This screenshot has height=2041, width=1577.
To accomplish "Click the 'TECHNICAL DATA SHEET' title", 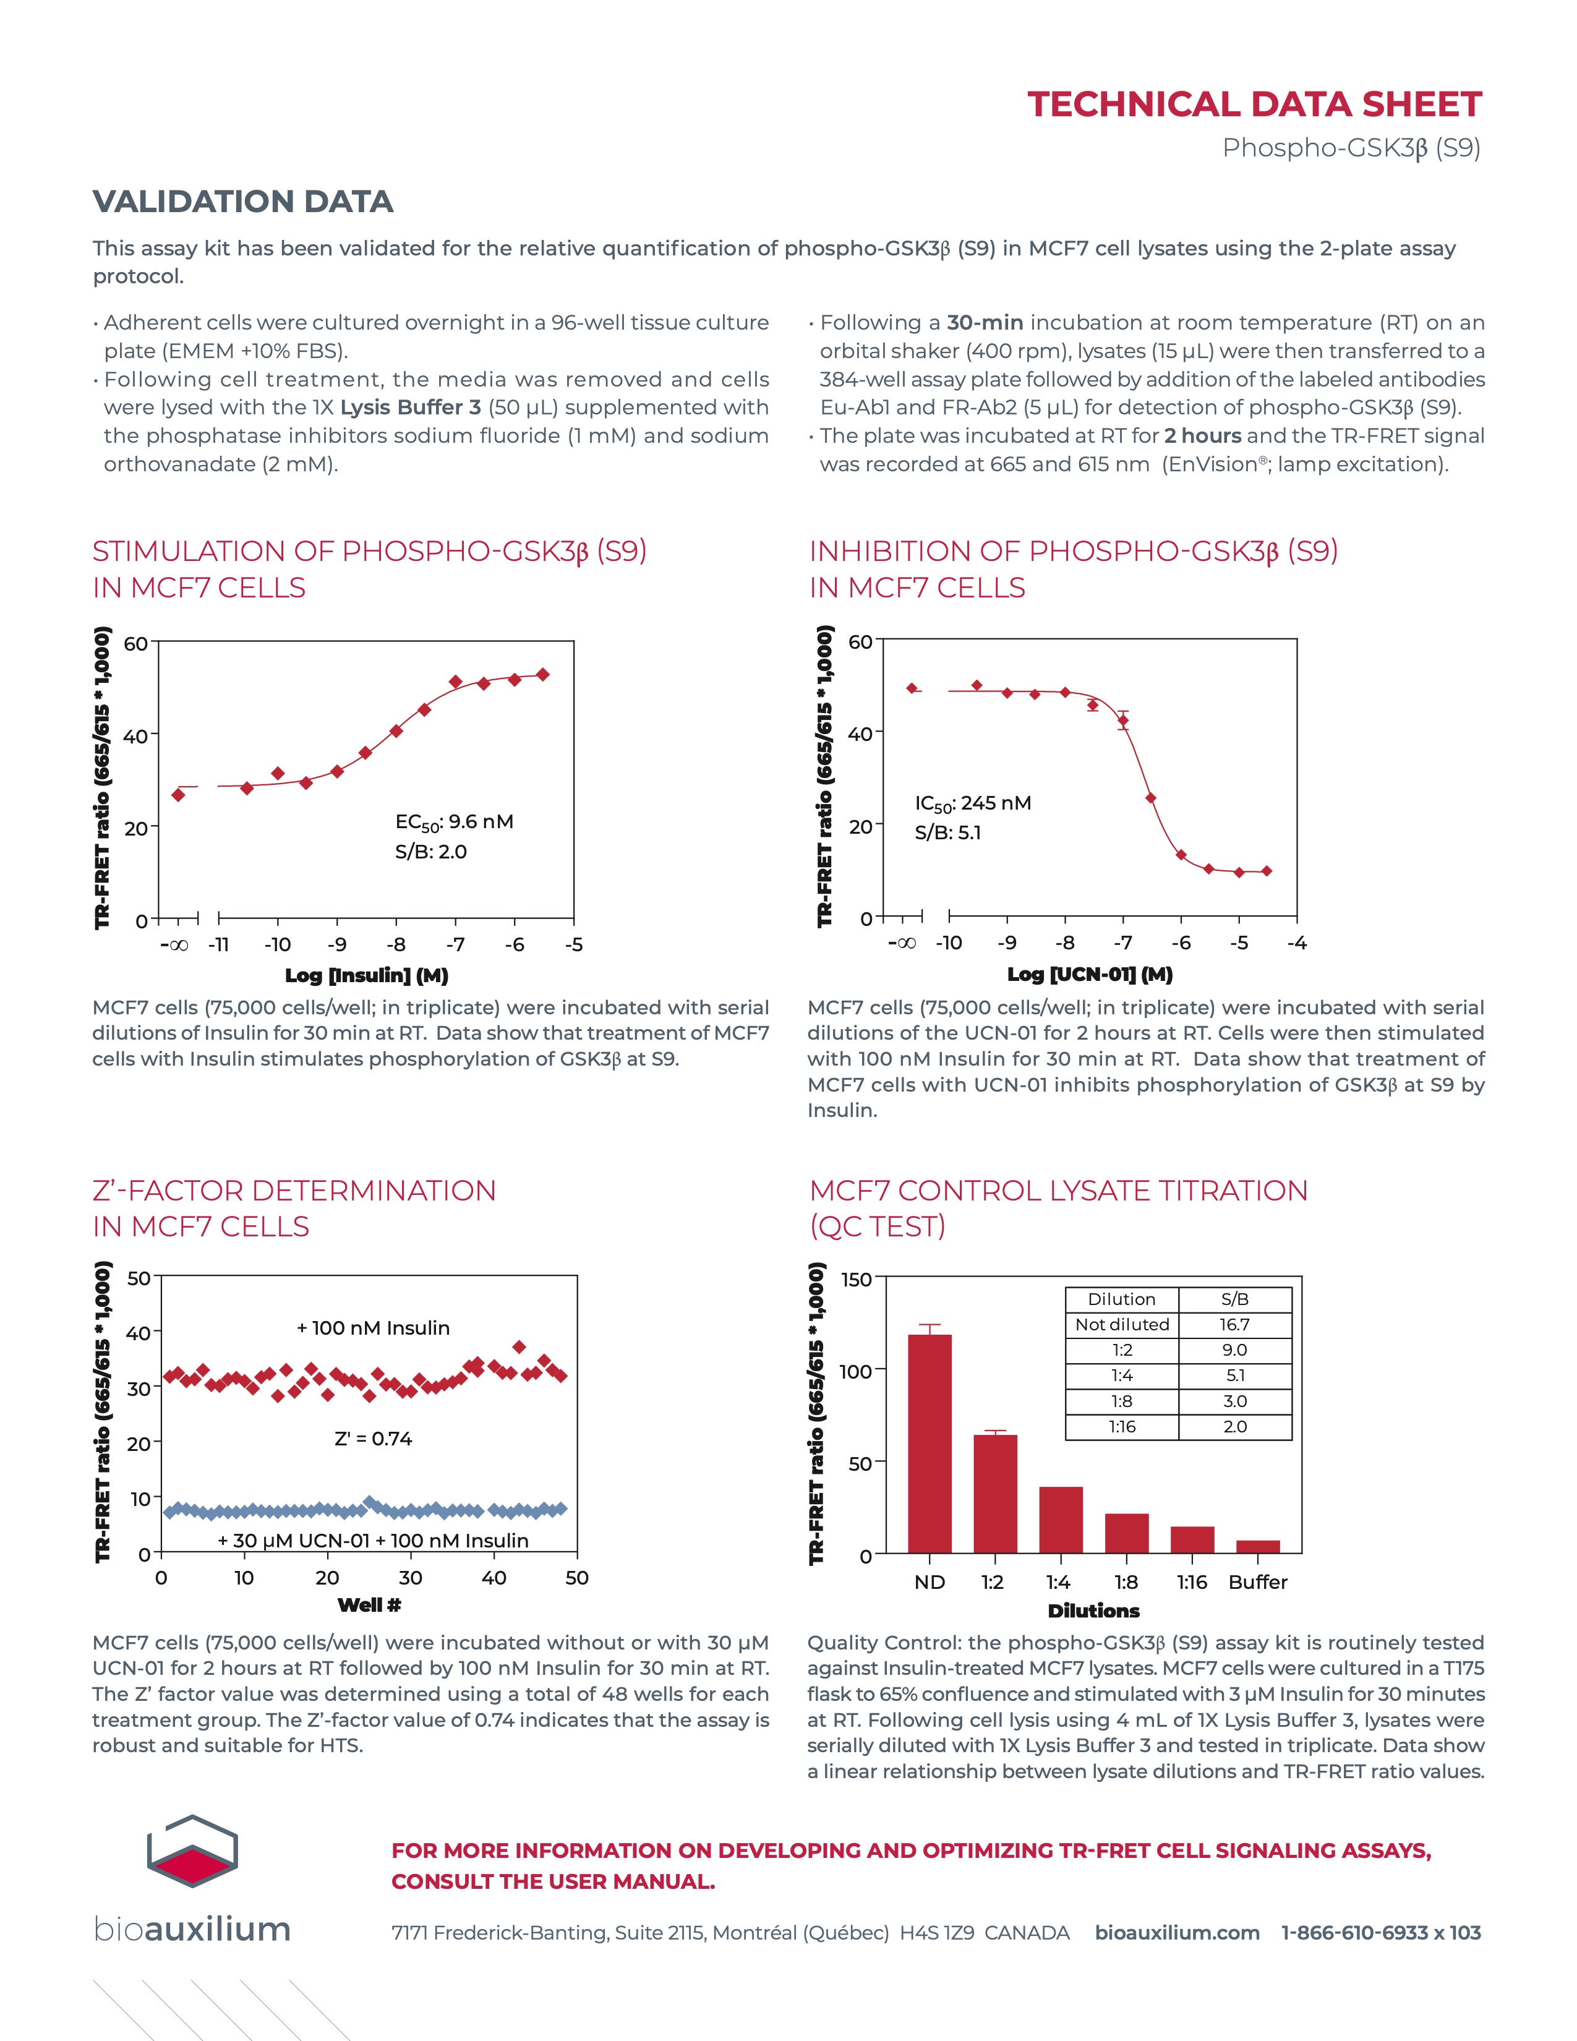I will [x=1254, y=104].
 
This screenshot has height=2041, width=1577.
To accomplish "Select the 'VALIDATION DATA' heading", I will [x=243, y=202].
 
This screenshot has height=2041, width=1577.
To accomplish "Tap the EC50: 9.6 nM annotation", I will [x=454, y=821].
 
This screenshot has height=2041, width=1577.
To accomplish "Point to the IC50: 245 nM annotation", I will [x=973, y=803].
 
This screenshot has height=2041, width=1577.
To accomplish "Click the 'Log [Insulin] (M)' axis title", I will [x=366, y=975].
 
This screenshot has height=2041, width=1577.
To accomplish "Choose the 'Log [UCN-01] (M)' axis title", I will [x=1089, y=973].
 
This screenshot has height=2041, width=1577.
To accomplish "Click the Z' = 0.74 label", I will [x=373, y=1438].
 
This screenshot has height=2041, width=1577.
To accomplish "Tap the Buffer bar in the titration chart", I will [x=1257, y=1547].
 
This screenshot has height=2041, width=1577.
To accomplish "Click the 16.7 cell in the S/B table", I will [x=1234, y=1324].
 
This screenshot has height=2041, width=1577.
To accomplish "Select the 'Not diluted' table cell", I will [x=1121, y=1324].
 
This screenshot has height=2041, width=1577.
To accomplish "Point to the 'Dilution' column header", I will [x=1121, y=1299].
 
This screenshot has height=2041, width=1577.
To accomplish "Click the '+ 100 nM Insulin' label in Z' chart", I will [x=373, y=1328].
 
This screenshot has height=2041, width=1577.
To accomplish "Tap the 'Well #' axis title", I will [x=369, y=1604].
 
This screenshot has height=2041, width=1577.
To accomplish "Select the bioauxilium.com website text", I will [x=1176, y=1933].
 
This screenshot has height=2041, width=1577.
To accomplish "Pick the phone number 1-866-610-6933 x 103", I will [x=1380, y=1933].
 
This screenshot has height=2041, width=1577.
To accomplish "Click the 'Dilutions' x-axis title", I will [x=1093, y=1610].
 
